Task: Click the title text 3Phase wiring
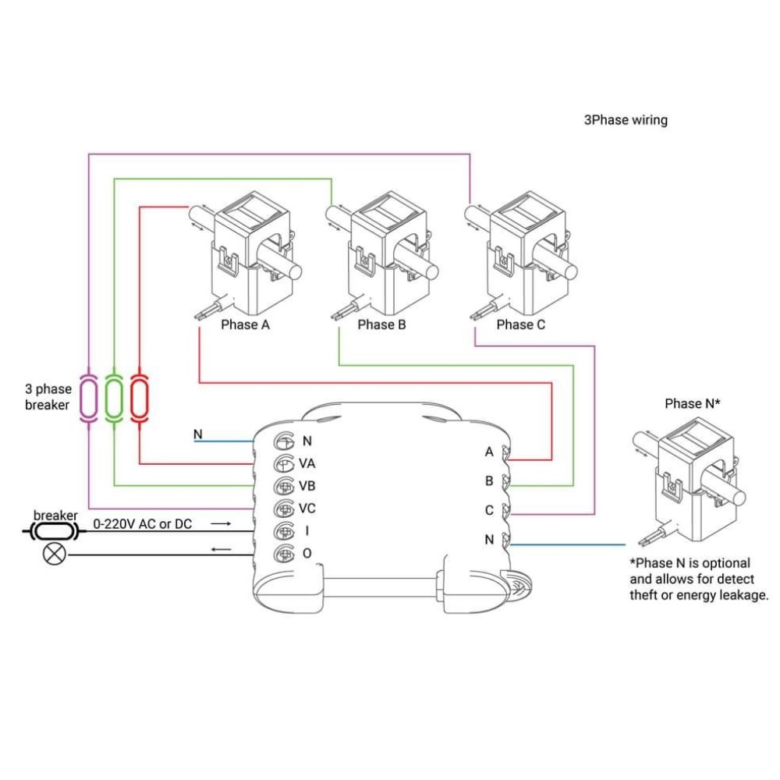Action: tap(626, 120)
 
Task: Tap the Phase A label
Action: tap(245, 324)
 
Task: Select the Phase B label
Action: tap(381, 324)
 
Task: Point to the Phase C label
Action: tap(520, 324)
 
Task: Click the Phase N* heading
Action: tap(692, 403)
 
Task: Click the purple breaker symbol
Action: tap(90, 399)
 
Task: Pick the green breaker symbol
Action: tap(115, 399)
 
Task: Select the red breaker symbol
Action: tap(140, 399)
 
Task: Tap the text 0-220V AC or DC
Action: tap(142, 524)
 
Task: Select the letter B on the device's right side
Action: tap(489, 481)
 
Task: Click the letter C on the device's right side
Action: tap(489, 510)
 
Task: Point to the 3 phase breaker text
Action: tap(48, 397)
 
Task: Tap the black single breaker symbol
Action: tap(55, 532)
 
